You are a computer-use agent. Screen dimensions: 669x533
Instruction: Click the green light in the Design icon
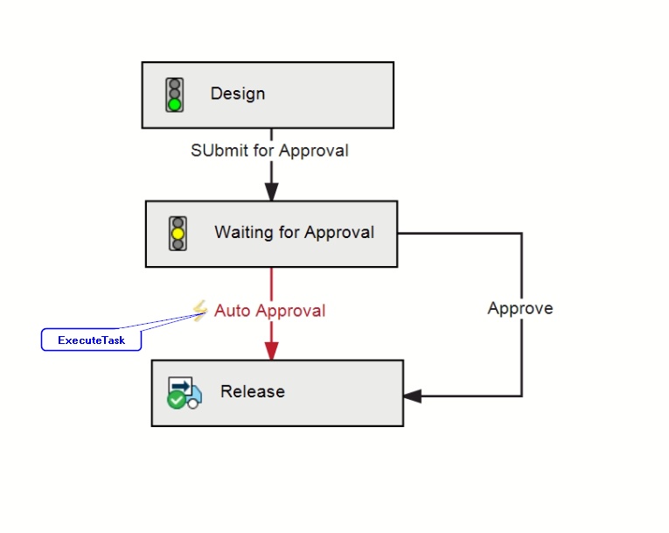pyautogui.click(x=175, y=104)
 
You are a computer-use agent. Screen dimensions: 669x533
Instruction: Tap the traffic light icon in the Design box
pyautogui.click(x=175, y=95)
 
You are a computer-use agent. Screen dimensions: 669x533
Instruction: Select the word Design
pyautogui.click(x=238, y=94)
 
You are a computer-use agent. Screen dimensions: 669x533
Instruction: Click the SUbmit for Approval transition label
pyautogui.click(x=269, y=151)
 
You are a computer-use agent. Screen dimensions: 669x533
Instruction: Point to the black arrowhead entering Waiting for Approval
pyautogui.click(x=271, y=192)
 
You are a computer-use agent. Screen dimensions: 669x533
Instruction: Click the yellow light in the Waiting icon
pyautogui.click(x=178, y=233)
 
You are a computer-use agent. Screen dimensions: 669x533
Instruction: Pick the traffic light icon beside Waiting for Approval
pyautogui.click(x=178, y=233)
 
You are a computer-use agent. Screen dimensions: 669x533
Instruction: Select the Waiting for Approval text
pyautogui.click(x=295, y=232)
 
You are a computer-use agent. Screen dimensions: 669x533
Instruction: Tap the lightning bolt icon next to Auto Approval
pyautogui.click(x=199, y=311)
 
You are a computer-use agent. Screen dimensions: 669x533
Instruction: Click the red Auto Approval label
pyautogui.click(x=269, y=311)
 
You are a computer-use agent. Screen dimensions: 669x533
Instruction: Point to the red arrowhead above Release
pyautogui.click(x=271, y=351)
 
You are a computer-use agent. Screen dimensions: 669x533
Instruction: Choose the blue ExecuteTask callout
pyautogui.click(x=91, y=340)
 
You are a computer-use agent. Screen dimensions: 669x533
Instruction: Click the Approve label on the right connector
pyautogui.click(x=520, y=308)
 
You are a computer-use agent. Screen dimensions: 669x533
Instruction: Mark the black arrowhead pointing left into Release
pyautogui.click(x=413, y=396)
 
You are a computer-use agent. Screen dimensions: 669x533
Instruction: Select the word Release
pyautogui.click(x=253, y=391)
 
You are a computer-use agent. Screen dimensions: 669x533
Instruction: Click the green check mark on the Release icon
pyautogui.click(x=176, y=401)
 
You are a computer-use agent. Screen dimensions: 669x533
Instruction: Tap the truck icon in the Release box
pyautogui.click(x=185, y=392)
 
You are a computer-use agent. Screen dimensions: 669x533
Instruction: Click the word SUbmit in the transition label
pyautogui.click(x=220, y=151)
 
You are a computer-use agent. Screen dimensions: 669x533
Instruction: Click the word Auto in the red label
pyautogui.click(x=233, y=311)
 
